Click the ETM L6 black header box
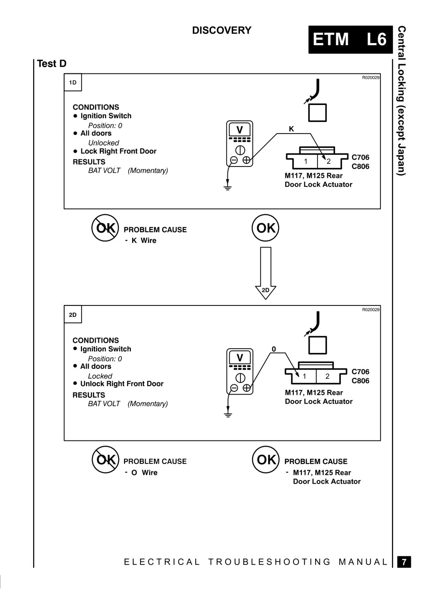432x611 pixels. coord(350,40)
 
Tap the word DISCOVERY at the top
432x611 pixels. coord(222,30)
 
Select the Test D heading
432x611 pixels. coord(52,63)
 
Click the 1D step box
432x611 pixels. coord(73,82)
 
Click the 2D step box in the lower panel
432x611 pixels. coord(73,315)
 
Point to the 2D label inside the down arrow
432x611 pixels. coord(266,290)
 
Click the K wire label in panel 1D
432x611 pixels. coord(291,129)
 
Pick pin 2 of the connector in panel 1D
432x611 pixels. coord(329,162)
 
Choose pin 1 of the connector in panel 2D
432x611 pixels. coord(304,377)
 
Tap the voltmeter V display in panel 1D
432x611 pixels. coord(240,130)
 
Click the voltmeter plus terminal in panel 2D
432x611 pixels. coord(247,388)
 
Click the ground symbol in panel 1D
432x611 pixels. coord(227,188)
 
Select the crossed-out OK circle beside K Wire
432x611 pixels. coord(105,228)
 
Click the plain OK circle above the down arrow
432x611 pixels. coord(266,228)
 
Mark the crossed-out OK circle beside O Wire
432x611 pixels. coord(105,460)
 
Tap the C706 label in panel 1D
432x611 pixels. coord(360,157)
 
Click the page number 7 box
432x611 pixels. coord(404,562)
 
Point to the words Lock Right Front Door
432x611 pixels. coord(118,151)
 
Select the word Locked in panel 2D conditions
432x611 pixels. coord(100,376)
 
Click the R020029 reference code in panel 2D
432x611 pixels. coord(371,310)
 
